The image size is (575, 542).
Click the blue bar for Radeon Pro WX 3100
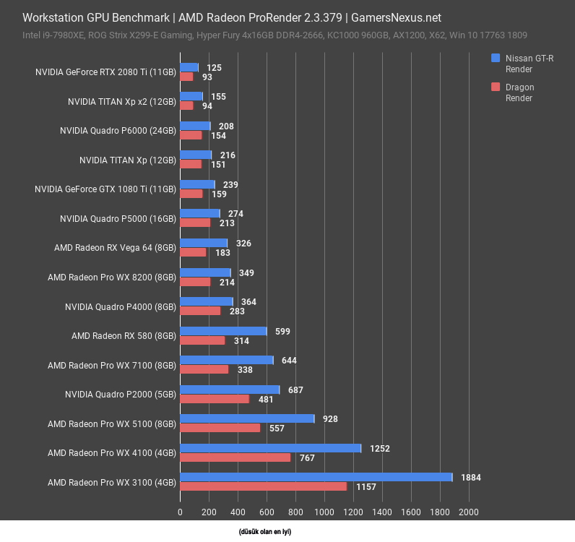click(x=316, y=477)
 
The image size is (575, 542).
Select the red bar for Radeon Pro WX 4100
click(x=235, y=457)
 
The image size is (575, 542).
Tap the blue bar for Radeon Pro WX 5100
click(x=247, y=418)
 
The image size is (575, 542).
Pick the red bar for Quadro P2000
click(x=215, y=399)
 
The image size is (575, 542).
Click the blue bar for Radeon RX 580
click(x=223, y=331)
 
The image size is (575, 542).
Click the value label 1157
click(x=366, y=487)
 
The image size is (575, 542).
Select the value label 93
click(x=207, y=77)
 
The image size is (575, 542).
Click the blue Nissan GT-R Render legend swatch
click(x=496, y=58)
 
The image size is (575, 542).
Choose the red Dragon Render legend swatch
click(x=496, y=87)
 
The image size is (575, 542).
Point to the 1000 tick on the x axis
click(x=324, y=512)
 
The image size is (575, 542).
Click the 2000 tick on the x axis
click(x=468, y=512)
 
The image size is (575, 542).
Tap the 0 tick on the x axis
click(x=180, y=512)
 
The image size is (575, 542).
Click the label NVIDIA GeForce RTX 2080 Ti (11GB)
click(x=105, y=72)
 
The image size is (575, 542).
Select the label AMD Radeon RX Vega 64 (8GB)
click(x=115, y=248)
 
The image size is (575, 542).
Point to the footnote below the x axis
click(x=265, y=532)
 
